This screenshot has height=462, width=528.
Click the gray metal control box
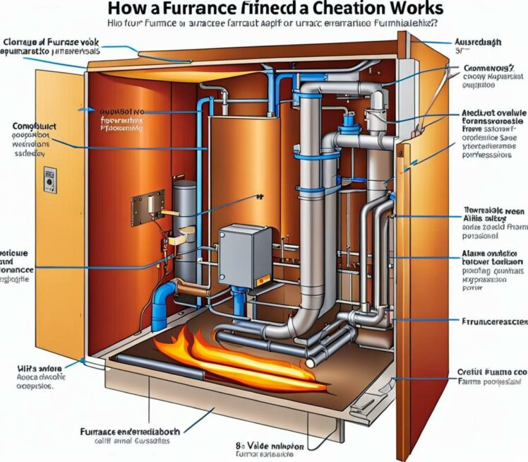244,255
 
